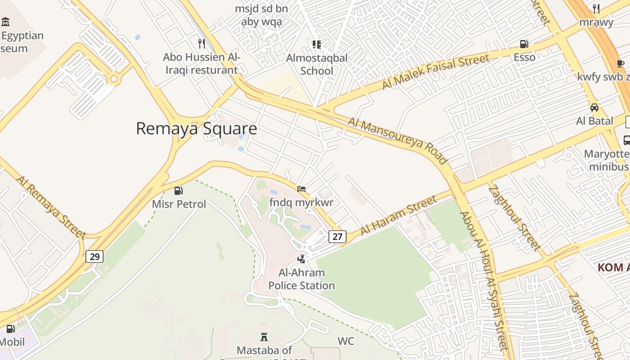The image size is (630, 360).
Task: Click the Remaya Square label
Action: tap(196, 129)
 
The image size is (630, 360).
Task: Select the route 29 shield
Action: tap(94, 256)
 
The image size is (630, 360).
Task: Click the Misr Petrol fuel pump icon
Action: tap(179, 191)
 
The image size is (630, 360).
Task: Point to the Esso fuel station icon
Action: tap(524, 44)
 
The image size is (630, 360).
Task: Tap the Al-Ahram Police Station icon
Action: tap(301, 259)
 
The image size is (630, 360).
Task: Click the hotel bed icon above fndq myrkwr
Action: tap(301, 189)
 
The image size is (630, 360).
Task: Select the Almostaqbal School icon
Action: tap(317, 44)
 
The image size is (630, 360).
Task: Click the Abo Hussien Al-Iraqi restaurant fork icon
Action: tap(202, 44)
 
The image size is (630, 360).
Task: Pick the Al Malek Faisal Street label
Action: tap(435, 72)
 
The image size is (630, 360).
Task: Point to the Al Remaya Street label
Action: tap(51, 207)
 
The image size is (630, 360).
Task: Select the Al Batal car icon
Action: tap(594, 108)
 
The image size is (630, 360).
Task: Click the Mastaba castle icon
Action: tap(264, 337)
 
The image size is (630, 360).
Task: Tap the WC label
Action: tap(346, 341)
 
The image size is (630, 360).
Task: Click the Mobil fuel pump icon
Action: tap(10, 329)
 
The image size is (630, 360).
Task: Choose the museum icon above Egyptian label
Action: tap(5, 22)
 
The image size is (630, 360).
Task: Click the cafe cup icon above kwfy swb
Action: tap(620, 63)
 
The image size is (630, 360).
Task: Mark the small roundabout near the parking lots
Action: tap(114, 80)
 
